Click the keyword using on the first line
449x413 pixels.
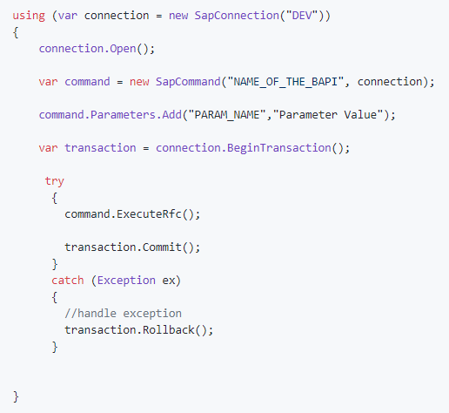(x=29, y=16)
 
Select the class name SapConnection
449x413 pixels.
(x=237, y=16)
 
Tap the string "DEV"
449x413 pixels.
(x=302, y=15)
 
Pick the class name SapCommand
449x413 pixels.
(x=188, y=82)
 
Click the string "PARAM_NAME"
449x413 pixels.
(x=227, y=115)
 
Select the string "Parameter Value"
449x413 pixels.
(x=328, y=115)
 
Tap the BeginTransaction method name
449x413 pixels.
(x=278, y=148)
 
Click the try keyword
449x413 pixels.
(x=55, y=181)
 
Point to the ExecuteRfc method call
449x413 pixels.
(x=149, y=214)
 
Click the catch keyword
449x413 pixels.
(x=68, y=281)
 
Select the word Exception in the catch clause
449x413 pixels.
(x=126, y=281)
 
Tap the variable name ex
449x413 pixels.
(x=168, y=281)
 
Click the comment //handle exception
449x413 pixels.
(x=123, y=314)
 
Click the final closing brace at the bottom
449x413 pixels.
(x=16, y=396)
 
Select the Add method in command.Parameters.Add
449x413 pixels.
(x=171, y=115)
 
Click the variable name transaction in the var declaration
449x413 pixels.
(x=100, y=148)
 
